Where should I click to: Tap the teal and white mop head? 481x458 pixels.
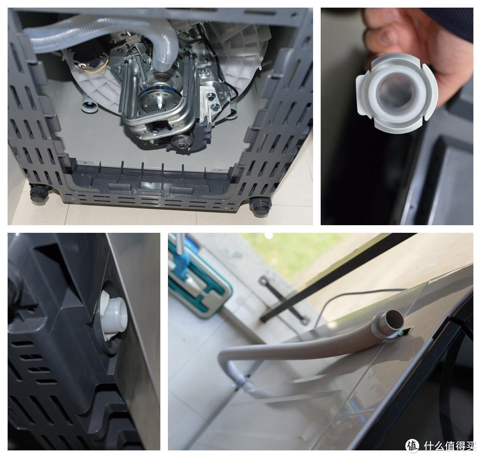(x=200, y=294)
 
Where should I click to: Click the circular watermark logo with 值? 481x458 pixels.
(x=412, y=446)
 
